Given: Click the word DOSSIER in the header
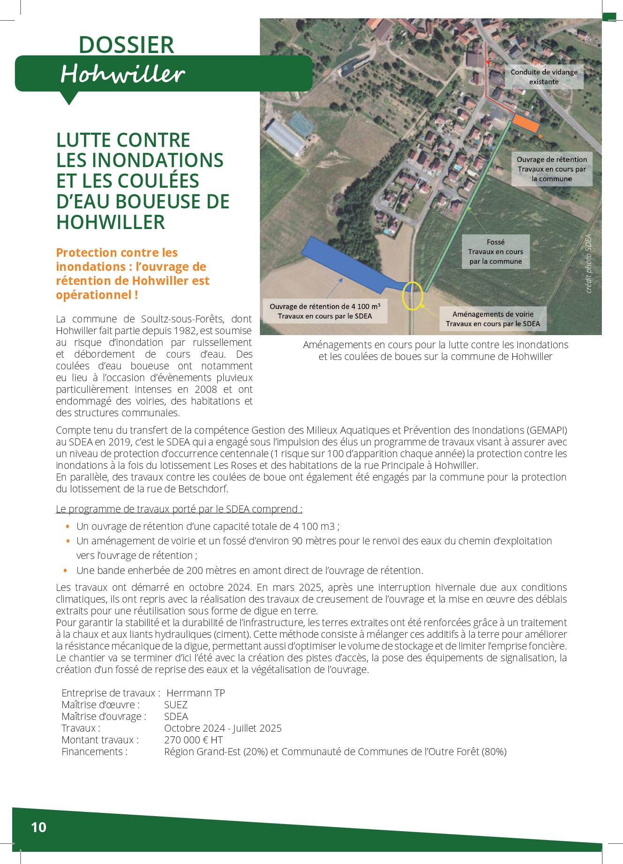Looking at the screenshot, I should coord(126,45).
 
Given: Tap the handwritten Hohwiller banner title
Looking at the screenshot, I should coord(122,74).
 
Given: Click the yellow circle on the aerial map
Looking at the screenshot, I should coord(413,296).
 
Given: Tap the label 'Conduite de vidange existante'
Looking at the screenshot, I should coord(544,77).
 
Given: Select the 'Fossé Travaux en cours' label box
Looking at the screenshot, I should coord(495,252).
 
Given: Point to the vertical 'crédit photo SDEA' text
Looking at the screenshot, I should coord(589,264).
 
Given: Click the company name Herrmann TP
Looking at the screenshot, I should coord(196,693).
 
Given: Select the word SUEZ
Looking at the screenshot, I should coord(176,704).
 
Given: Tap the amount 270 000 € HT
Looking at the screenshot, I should coord(193,740).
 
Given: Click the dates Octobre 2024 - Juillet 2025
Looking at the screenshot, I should coord(223,728).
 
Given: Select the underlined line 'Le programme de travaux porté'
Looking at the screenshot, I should coord(179,509).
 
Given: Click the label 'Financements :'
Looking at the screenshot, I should coord(94,751).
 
